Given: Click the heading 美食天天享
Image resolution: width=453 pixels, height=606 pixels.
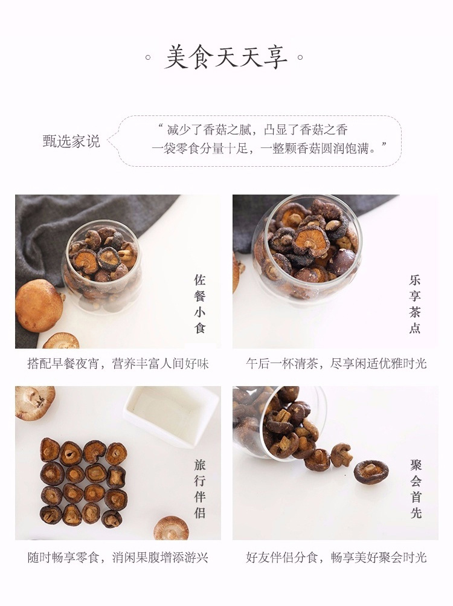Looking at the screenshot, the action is (x=226, y=57).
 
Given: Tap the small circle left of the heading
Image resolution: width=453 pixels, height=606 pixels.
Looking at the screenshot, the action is (x=147, y=58).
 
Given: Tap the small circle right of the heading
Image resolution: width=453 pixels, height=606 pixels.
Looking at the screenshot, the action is (x=300, y=58).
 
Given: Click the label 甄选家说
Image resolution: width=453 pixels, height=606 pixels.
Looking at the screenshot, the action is (x=71, y=141).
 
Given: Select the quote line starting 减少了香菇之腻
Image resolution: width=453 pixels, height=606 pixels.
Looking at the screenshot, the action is (x=254, y=130).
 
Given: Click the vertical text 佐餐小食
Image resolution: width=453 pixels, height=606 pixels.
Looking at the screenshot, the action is (x=200, y=304).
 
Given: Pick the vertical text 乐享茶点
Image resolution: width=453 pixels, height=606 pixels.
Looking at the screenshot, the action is (x=415, y=304).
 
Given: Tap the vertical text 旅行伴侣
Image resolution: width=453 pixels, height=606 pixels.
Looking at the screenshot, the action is (x=200, y=489).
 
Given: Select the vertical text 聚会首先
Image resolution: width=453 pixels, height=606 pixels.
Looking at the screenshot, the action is (x=416, y=489).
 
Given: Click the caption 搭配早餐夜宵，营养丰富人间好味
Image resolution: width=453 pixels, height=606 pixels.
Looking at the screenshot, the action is (x=118, y=364).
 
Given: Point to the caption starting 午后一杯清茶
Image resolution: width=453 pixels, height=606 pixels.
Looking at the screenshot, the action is (x=336, y=364).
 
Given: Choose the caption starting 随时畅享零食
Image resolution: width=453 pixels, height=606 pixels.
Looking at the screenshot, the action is (x=118, y=558).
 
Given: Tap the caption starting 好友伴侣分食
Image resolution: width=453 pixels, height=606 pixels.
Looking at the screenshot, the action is (x=336, y=558).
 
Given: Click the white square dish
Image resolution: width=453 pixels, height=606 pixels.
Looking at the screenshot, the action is (x=172, y=416).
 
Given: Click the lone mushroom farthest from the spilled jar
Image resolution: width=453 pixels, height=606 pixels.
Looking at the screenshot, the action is (x=371, y=472).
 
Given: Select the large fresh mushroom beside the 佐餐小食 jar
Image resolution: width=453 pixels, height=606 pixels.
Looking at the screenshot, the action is (x=39, y=306).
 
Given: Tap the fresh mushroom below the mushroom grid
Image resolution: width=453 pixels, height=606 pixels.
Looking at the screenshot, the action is (x=171, y=528).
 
